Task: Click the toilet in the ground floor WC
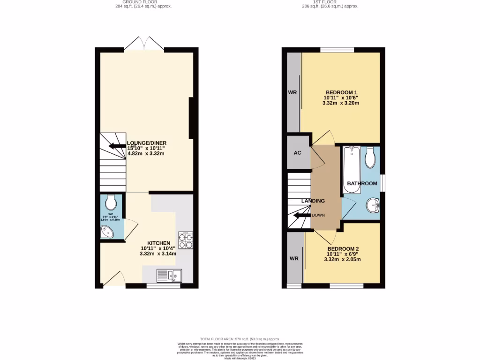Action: [x=111, y=202]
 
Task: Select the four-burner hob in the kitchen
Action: [x=186, y=240]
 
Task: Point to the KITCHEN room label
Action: [x=158, y=243]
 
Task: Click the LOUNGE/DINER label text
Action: [x=147, y=143]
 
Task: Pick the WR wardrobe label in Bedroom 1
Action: [x=292, y=92]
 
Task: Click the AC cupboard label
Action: [x=297, y=153]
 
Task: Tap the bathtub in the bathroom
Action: [x=352, y=169]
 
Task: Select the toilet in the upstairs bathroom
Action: [x=370, y=158]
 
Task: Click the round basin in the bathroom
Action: [x=373, y=204]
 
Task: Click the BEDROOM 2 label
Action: [x=343, y=248]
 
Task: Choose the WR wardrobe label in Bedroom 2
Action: [x=294, y=258]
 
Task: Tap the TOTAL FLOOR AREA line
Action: [x=240, y=339]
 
